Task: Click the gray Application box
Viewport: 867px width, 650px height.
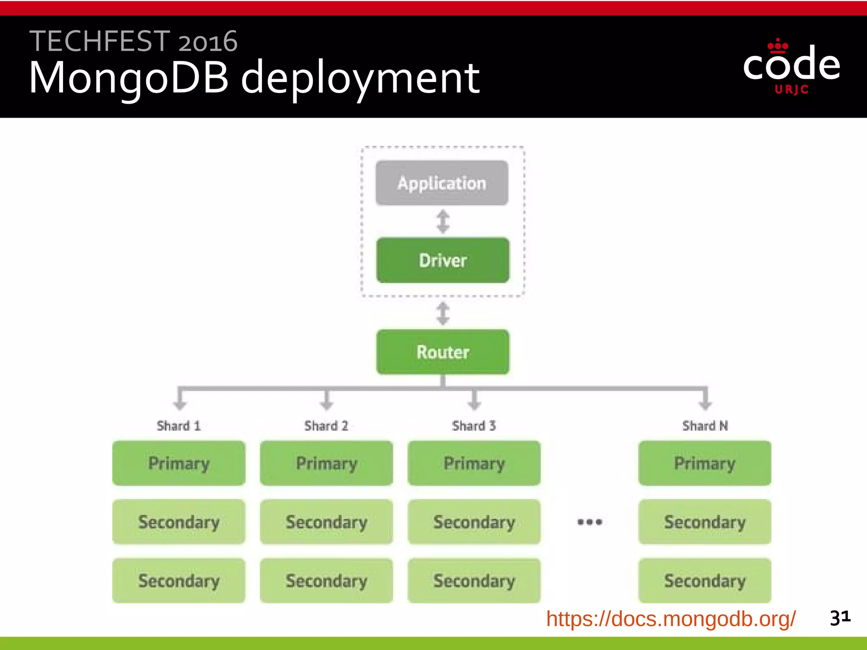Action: (442, 183)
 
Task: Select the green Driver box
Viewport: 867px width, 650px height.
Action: (443, 260)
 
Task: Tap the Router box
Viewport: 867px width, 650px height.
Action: (443, 352)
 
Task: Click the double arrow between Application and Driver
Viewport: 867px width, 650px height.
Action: (443, 222)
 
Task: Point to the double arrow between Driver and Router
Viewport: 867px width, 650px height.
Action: (443, 314)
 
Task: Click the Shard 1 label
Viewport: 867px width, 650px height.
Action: (178, 426)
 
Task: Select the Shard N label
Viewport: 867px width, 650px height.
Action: (705, 426)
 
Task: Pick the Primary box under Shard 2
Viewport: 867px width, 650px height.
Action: (326, 463)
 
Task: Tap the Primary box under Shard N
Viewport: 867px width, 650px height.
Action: (705, 463)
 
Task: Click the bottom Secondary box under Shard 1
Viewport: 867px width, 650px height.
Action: (179, 581)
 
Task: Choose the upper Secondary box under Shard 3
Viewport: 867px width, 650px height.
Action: (474, 522)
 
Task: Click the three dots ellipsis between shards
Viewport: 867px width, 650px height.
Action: (590, 522)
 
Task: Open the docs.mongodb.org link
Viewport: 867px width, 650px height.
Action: (671, 619)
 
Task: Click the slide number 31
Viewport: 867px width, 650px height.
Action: (840, 618)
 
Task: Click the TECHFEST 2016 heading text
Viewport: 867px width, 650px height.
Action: (133, 41)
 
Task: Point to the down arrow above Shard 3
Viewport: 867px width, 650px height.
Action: (474, 400)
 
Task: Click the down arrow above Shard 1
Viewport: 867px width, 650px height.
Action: (180, 400)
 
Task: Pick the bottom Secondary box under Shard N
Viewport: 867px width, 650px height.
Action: (705, 581)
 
